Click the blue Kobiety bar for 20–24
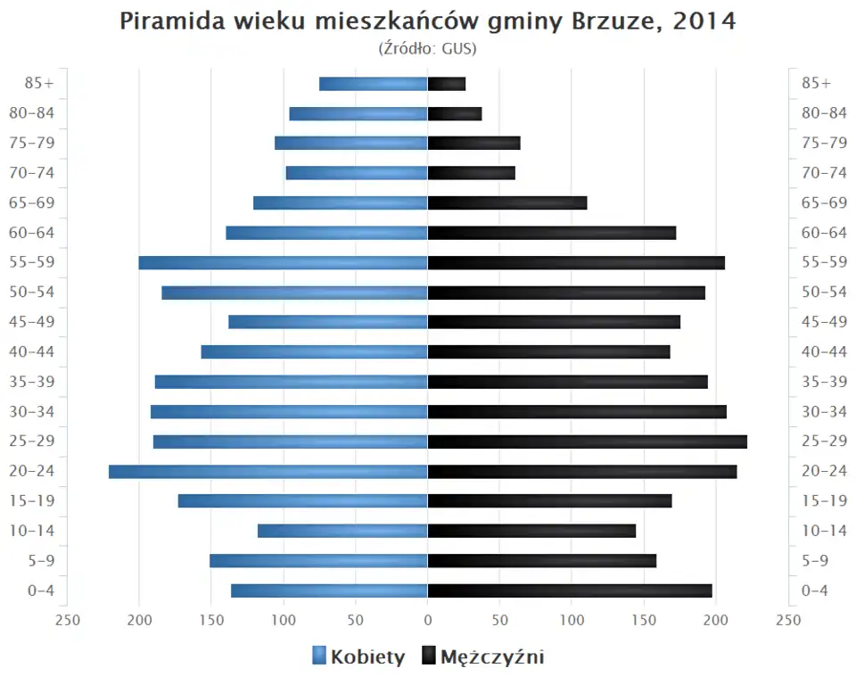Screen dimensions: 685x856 tap(267, 471)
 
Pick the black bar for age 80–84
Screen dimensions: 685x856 tap(455, 113)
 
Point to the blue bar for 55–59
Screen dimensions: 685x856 tap(283, 262)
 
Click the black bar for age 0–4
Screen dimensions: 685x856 tap(570, 590)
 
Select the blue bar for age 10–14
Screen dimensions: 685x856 tap(342, 531)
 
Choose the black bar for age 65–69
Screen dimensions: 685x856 tap(507, 202)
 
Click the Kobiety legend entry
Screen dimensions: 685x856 tap(358, 657)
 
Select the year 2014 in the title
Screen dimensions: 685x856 tap(704, 21)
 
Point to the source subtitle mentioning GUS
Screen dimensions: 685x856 tap(428, 48)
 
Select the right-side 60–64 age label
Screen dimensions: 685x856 tap(824, 233)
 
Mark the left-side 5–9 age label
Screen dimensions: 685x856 tap(41, 560)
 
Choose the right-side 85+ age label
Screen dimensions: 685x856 tap(816, 84)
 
